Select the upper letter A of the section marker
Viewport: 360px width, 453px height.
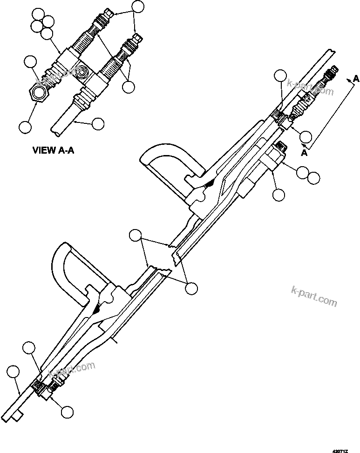click(x=356, y=79)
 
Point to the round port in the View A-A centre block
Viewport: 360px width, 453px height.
click(x=82, y=74)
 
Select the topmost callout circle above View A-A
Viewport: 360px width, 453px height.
click(x=137, y=6)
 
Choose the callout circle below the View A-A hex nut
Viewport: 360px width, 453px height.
click(x=25, y=113)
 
